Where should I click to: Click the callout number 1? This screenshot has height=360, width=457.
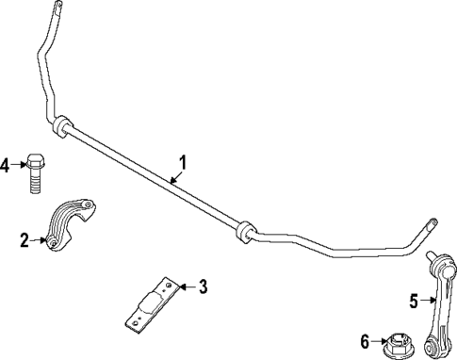point(184,162)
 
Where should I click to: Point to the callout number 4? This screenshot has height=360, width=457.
point(6,166)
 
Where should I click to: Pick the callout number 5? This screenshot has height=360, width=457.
point(415,302)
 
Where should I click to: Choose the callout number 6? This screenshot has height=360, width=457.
point(364,341)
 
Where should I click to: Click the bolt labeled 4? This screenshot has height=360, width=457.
point(36,173)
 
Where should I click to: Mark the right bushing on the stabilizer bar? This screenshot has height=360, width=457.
point(244,231)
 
